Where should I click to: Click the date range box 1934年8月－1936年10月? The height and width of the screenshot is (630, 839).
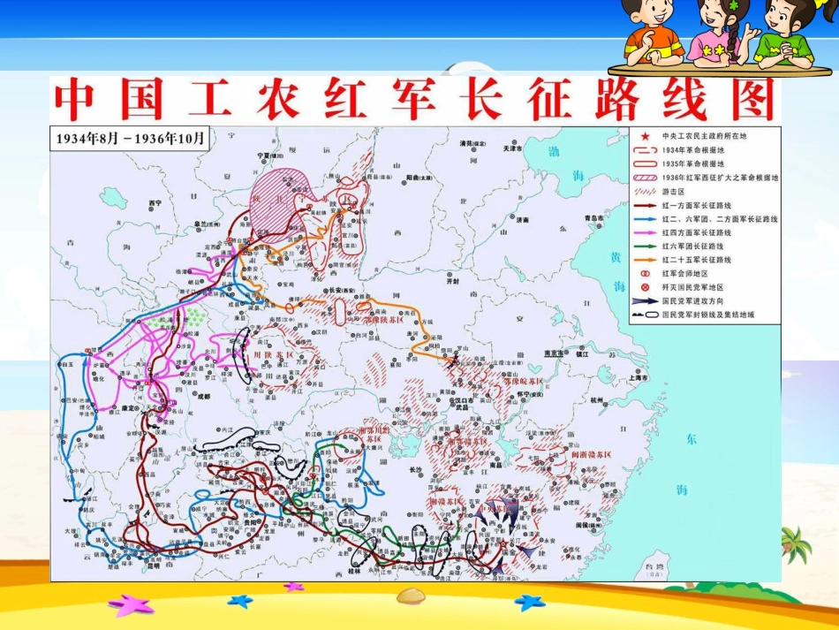[x=130, y=139]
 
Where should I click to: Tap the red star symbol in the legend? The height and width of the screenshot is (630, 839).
[x=646, y=137]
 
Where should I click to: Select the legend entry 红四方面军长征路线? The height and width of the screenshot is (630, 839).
[x=705, y=232]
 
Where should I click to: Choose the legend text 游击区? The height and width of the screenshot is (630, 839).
[x=674, y=191]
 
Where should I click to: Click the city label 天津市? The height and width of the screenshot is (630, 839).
[x=513, y=148]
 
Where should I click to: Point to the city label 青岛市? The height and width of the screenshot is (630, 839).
[x=593, y=217]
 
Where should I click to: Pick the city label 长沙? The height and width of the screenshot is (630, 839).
[x=417, y=469]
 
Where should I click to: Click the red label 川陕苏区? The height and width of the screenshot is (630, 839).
[x=272, y=355]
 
